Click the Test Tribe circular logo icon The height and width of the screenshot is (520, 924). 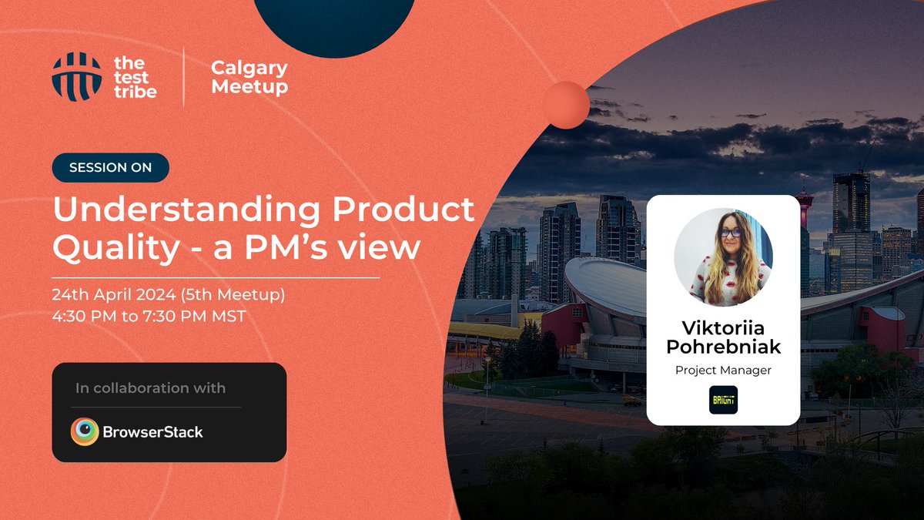(x=76, y=77)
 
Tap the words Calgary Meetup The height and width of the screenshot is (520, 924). (x=249, y=77)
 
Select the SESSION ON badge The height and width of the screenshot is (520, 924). (x=110, y=167)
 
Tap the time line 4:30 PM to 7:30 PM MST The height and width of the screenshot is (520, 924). (x=149, y=316)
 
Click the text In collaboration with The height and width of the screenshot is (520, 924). (x=150, y=388)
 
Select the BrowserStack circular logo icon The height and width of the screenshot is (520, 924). (x=85, y=431)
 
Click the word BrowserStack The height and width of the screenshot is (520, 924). (x=153, y=431)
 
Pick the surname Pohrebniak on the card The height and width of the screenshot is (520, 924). (x=723, y=347)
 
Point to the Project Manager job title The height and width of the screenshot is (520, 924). (x=723, y=371)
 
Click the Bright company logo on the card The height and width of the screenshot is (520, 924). (x=723, y=400)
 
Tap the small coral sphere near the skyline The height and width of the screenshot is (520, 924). (x=566, y=105)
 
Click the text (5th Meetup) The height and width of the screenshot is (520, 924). (x=253, y=295)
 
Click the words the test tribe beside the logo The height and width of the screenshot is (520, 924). (x=135, y=77)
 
